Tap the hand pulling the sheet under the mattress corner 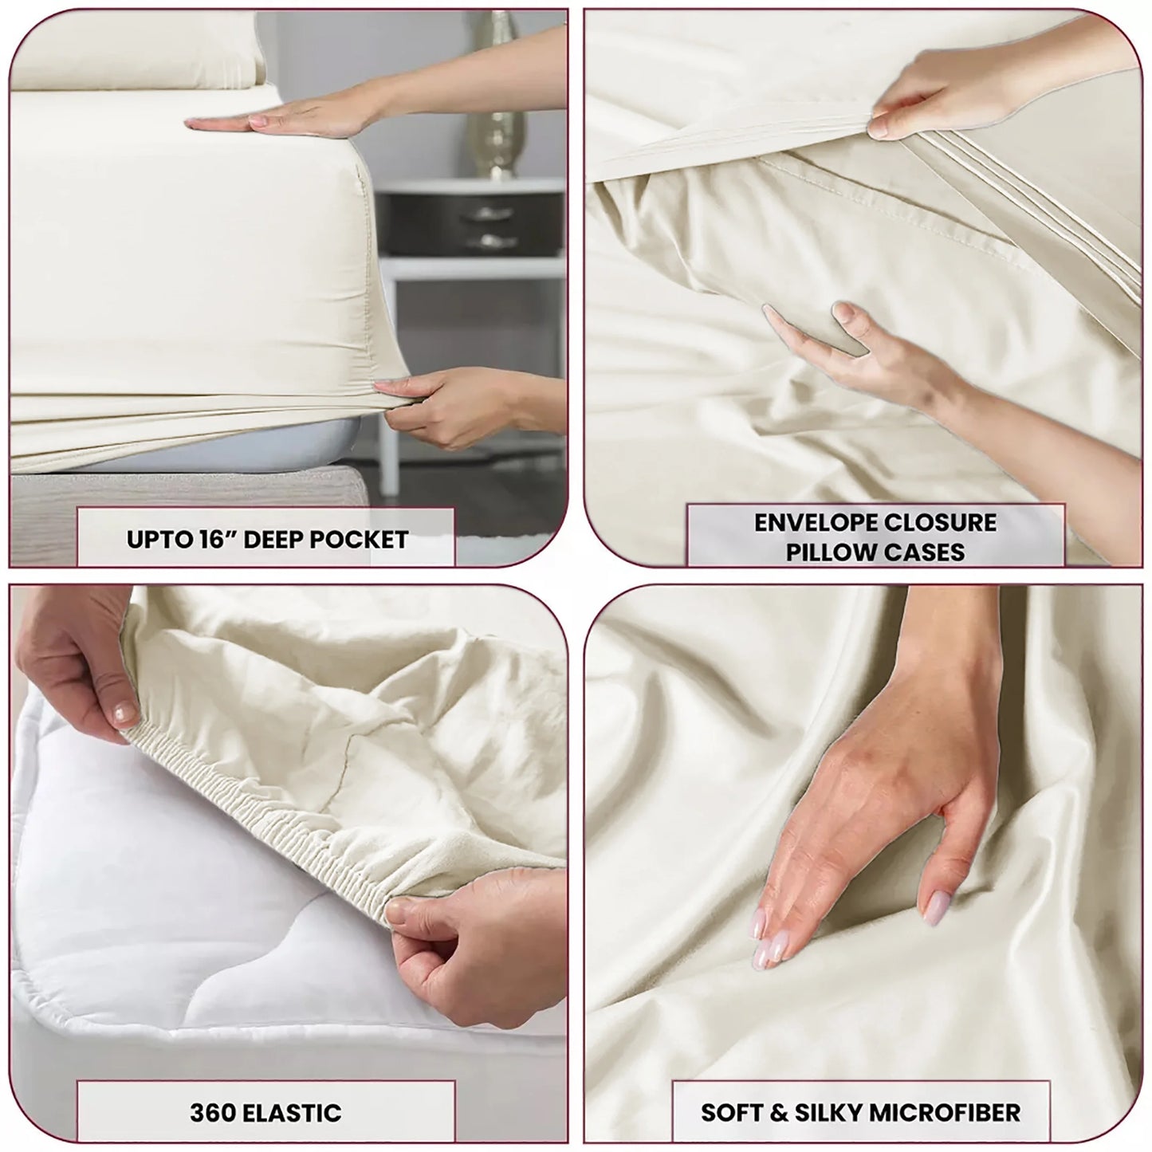[x=446, y=403]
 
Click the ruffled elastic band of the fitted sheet [x=263, y=805]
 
